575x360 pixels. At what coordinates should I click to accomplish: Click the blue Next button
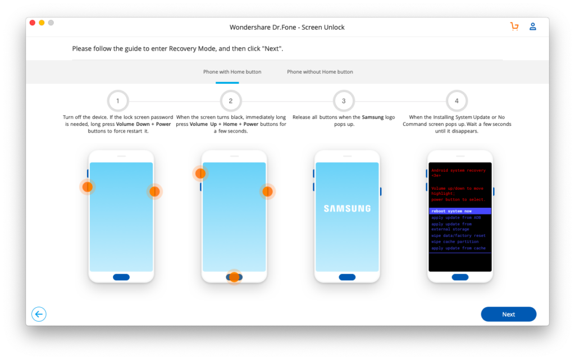pyautogui.click(x=508, y=314)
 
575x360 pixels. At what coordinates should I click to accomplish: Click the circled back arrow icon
pyautogui.click(x=39, y=314)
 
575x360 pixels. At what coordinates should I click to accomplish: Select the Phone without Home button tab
pyautogui.click(x=320, y=72)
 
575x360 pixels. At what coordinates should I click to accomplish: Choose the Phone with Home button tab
pyautogui.click(x=232, y=72)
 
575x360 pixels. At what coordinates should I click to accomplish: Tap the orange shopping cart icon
pyautogui.click(x=514, y=26)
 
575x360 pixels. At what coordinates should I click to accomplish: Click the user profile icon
pyautogui.click(x=533, y=26)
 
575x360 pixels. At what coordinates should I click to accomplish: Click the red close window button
pyautogui.click(x=33, y=23)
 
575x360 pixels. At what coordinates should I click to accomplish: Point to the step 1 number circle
pyautogui.click(x=118, y=101)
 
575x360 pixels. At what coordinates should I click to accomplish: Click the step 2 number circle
pyautogui.click(x=231, y=101)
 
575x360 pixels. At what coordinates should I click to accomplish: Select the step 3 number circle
pyautogui.click(x=344, y=101)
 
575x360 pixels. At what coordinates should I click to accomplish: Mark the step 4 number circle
pyautogui.click(x=457, y=101)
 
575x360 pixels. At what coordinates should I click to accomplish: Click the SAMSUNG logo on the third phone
pyautogui.click(x=347, y=208)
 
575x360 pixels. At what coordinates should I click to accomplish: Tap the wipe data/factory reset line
pyautogui.click(x=458, y=236)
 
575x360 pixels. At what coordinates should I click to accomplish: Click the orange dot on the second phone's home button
pyautogui.click(x=234, y=277)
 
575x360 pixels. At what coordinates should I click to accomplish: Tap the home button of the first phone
pyautogui.click(x=121, y=277)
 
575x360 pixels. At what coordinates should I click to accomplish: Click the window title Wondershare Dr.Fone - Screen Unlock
pyautogui.click(x=287, y=27)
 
